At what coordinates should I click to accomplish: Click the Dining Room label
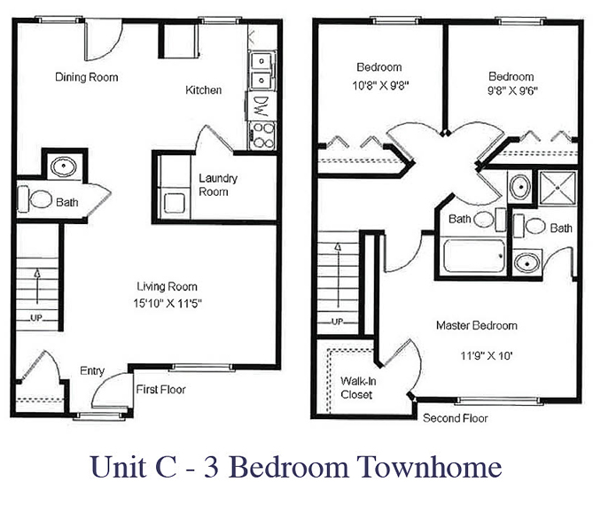(87, 77)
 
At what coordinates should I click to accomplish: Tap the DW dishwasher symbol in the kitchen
(261, 105)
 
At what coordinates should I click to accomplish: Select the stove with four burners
(262, 136)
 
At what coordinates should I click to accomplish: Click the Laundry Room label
(218, 185)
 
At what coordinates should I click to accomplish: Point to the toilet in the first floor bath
(35, 198)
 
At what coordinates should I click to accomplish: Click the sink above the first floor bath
(64, 167)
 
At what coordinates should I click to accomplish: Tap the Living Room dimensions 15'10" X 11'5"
(168, 303)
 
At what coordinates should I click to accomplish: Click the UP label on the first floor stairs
(36, 318)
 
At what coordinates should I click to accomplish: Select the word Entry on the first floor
(92, 371)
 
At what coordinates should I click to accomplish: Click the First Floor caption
(160, 389)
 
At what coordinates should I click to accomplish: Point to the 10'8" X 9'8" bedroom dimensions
(380, 86)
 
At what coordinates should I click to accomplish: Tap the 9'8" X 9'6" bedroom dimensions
(512, 90)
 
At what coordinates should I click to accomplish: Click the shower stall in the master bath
(558, 188)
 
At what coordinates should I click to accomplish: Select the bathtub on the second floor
(474, 256)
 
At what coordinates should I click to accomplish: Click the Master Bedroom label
(477, 325)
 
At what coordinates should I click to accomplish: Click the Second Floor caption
(456, 418)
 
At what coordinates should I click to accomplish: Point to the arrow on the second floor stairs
(338, 276)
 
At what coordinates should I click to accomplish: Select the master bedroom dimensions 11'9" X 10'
(487, 355)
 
